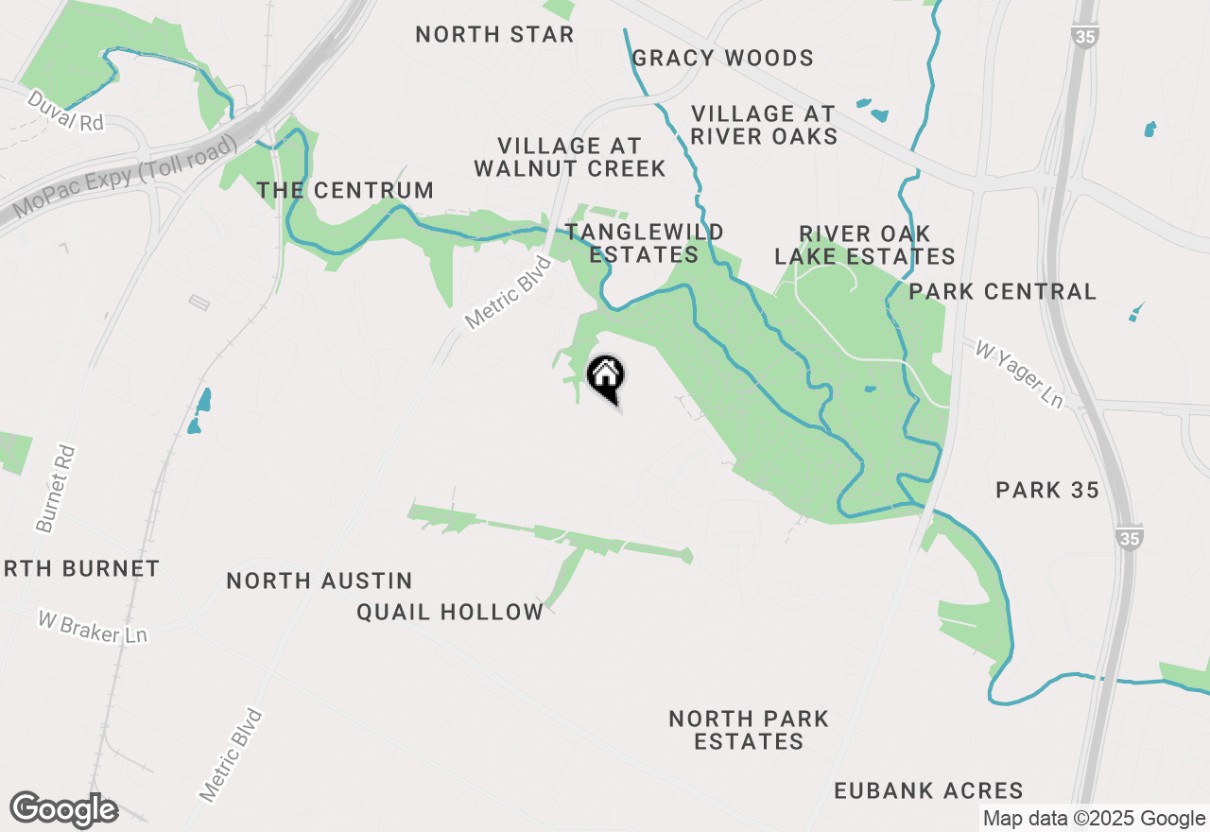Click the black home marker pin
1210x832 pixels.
pyautogui.click(x=605, y=376)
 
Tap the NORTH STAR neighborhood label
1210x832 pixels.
pyautogui.click(x=494, y=35)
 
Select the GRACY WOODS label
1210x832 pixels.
pyautogui.click(x=722, y=59)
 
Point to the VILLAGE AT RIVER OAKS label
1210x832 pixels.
pyautogui.click(x=764, y=125)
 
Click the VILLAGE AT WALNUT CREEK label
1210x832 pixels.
pyautogui.click(x=570, y=157)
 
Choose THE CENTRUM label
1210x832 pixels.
pyautogui.click(x=345, y=190)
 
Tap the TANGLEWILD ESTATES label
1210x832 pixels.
pyautogui.click(x=644, y=244)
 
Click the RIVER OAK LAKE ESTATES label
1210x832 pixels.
pyautogui.click(x=865, y=245)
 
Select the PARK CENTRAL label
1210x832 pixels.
pyautogui.click(x=1002, y=291)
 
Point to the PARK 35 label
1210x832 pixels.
pyautogui.click(x=1047, y=490)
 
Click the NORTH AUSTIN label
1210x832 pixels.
pyautogui.click(x=320, y=581)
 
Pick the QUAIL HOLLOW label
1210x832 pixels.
pyautogui.click(x=450, y=613)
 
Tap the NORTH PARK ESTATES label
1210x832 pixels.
pyautogui.click(x=749, y=730)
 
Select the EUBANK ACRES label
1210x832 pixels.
pyautogui.click(x=928, y=790)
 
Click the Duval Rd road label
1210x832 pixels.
pyautogui.click(x=64, y=111)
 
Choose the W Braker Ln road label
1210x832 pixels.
pyautogui.click(x=93, y=627)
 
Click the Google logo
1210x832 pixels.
pyautogui.click(x=63, y=810)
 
